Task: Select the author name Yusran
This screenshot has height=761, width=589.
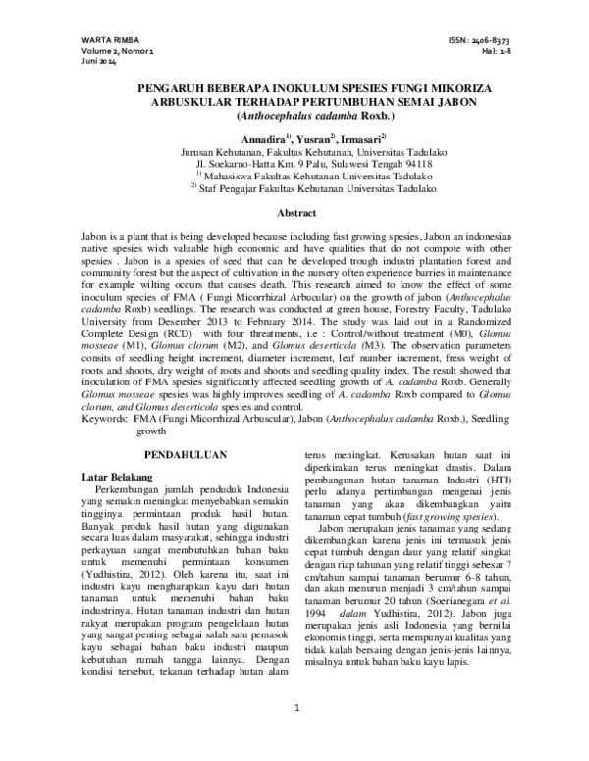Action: [312, 139]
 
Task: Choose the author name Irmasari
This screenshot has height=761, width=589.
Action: [361, 139]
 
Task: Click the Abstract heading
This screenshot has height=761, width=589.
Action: [295, 213]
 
